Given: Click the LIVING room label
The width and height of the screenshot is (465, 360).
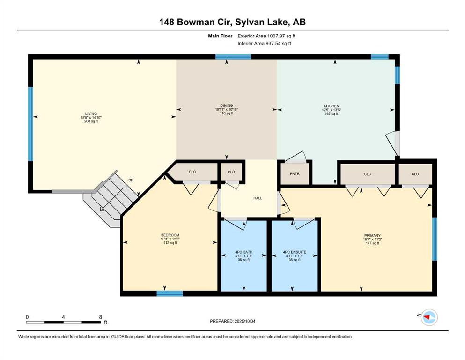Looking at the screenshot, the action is (x=91, y=113).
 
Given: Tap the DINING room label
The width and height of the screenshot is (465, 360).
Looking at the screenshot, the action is (x=227, y=105).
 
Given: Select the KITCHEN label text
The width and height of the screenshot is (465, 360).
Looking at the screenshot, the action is (x=331, y=106).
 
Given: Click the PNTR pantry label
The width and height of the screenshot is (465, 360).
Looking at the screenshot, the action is (x=295, y=173).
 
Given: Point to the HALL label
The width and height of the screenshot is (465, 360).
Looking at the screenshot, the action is (x=258, y=198).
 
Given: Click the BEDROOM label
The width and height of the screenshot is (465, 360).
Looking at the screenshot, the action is (x=170, y=235).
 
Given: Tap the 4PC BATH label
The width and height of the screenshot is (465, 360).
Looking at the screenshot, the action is (x=244, y=252).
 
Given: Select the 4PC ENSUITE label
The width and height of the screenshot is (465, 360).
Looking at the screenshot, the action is (x=295, y=252).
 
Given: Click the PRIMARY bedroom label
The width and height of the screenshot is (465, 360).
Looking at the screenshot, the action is (x=372, y=235).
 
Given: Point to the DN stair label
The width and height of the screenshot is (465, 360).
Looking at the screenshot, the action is (x=131, y=180).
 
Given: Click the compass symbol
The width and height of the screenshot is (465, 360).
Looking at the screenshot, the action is (x=429, y=317).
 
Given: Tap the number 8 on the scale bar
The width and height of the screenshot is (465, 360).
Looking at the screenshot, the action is (x=101, y=317).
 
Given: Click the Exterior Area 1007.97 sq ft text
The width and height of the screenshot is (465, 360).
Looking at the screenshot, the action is (x=266, y=36).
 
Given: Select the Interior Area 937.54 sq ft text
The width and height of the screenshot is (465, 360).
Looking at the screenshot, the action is (x=264, y=43).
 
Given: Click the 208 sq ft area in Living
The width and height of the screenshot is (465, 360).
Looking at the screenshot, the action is (x=91, y=121).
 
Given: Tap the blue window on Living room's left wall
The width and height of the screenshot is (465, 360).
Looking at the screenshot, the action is (x=30, y=124).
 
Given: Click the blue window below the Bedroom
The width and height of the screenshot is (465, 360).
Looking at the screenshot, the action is (x=170, y=293).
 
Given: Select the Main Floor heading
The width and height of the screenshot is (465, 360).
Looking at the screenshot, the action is (x=220, y=36).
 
